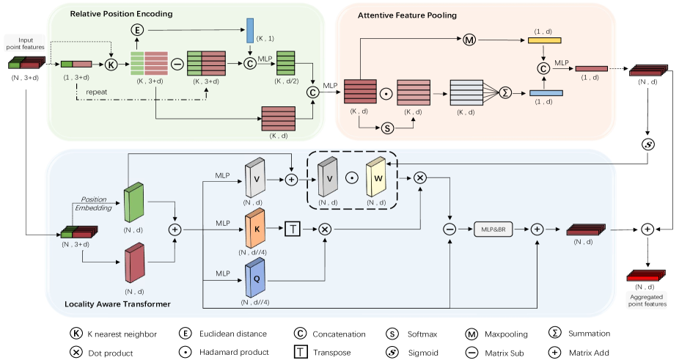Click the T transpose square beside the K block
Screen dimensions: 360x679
[x=290, y=229]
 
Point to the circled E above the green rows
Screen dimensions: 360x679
[x=136, y=29]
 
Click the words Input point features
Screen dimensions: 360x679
[x=24, y=42]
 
